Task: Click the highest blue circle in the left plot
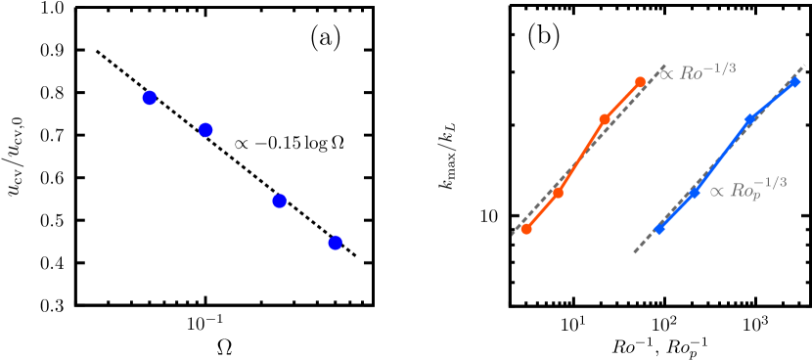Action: click(x=149, y=98)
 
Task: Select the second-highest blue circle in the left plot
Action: click(x=205, y=130)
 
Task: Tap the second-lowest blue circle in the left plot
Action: click(x=279, y=202)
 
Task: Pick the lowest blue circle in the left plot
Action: click(x=335, y=243)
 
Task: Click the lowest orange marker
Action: click(x=526, y=229)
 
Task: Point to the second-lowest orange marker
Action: click(x=558, y=193)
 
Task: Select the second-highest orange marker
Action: click(x=605, y=119)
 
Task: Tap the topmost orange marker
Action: click(x=640, y=82)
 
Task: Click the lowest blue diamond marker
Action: click(x=658, y=229)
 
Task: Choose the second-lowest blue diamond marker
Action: click(x=693, y=194)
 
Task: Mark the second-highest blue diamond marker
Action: click(x=749, y=119)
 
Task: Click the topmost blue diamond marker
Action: click(x=794, y=82)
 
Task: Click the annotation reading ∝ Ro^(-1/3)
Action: click(x=698, y=71)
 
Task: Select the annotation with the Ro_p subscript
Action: click(x=747, y=191)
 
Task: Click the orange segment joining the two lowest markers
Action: click(x=542, y=211)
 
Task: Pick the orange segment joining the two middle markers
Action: click(x=581, y=157)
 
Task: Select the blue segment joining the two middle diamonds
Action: click(x=721, y=157)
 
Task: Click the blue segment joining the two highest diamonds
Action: click(x=772, y=101)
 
